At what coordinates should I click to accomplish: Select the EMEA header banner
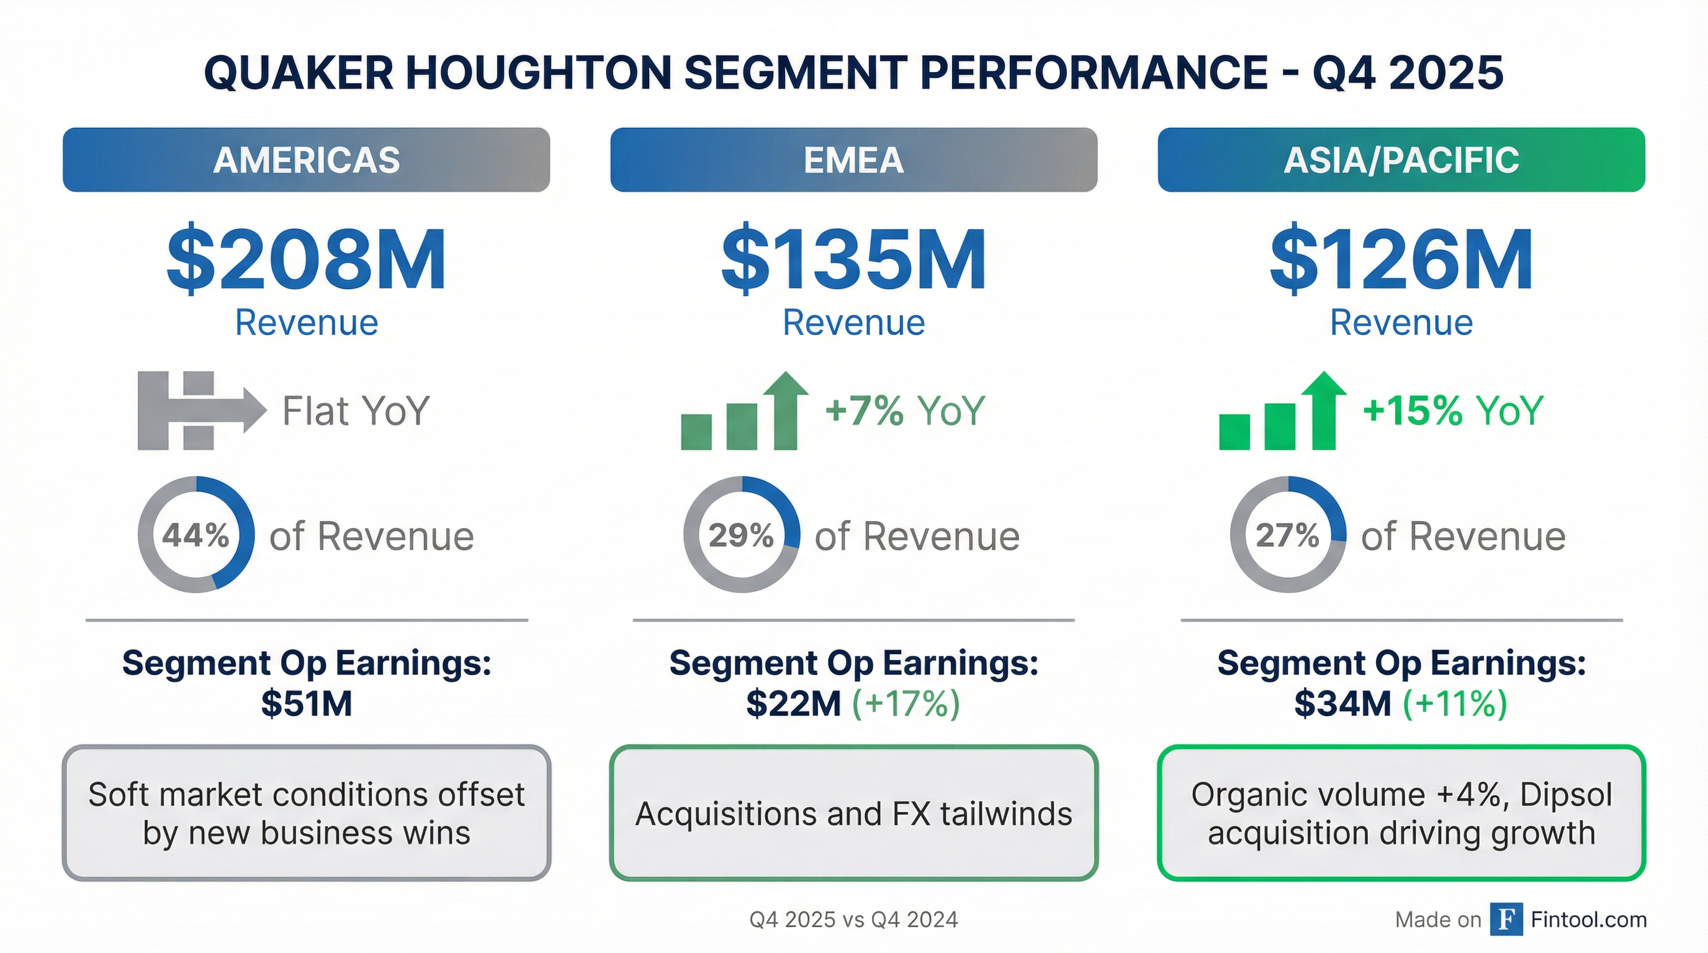click(x=853, y=159)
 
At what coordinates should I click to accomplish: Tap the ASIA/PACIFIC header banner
click(x=1401, y=159)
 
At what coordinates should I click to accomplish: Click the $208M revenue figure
click(x=307, y=260)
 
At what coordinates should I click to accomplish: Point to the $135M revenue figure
click(x=853, y=260)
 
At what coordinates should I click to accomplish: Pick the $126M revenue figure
click(x=1401, y=260)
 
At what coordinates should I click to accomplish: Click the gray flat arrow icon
click(x=200, y=410)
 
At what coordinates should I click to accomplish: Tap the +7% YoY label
click(x=904, y=410)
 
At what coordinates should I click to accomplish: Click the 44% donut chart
click(x=196, y=534)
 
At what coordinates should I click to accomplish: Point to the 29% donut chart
click(x=741, y=534)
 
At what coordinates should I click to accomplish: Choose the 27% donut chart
click(x=1288, y=534)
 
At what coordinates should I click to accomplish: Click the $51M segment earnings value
click(x=307, y=703)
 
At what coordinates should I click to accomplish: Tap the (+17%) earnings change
click(x=906, y=703)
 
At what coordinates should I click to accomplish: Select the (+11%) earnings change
click(x=1455, y=703)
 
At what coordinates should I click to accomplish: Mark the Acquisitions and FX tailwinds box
click(x=853, y=813)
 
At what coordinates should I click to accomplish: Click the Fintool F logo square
click(x=1506, y=919)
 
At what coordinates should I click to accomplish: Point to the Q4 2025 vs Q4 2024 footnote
click(x=853, y=919)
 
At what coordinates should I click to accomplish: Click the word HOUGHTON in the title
click(x=538, y=72)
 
